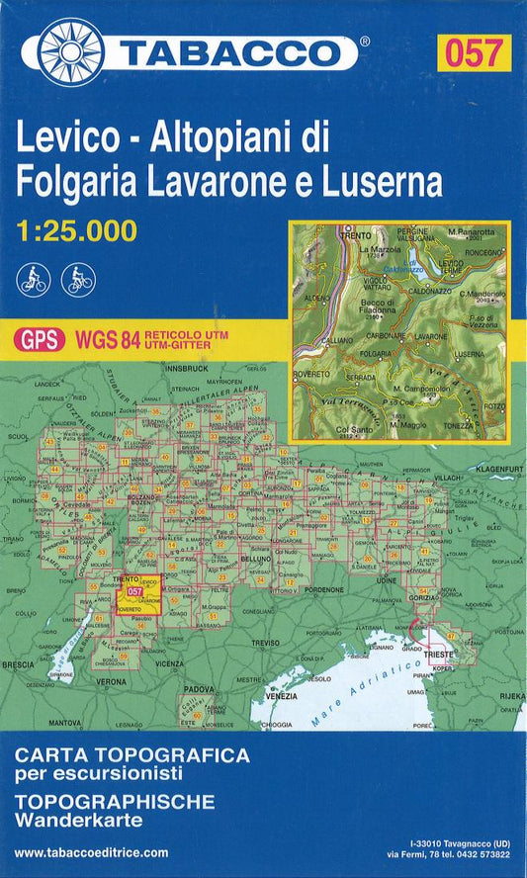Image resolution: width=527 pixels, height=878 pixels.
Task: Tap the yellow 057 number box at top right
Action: tap(475, 52)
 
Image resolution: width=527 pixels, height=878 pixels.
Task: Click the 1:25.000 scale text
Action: tap(76, 232)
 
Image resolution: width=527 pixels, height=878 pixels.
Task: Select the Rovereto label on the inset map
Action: tap(311, 374)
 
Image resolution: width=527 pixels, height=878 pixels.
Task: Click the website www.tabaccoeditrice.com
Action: tap(92, 852)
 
